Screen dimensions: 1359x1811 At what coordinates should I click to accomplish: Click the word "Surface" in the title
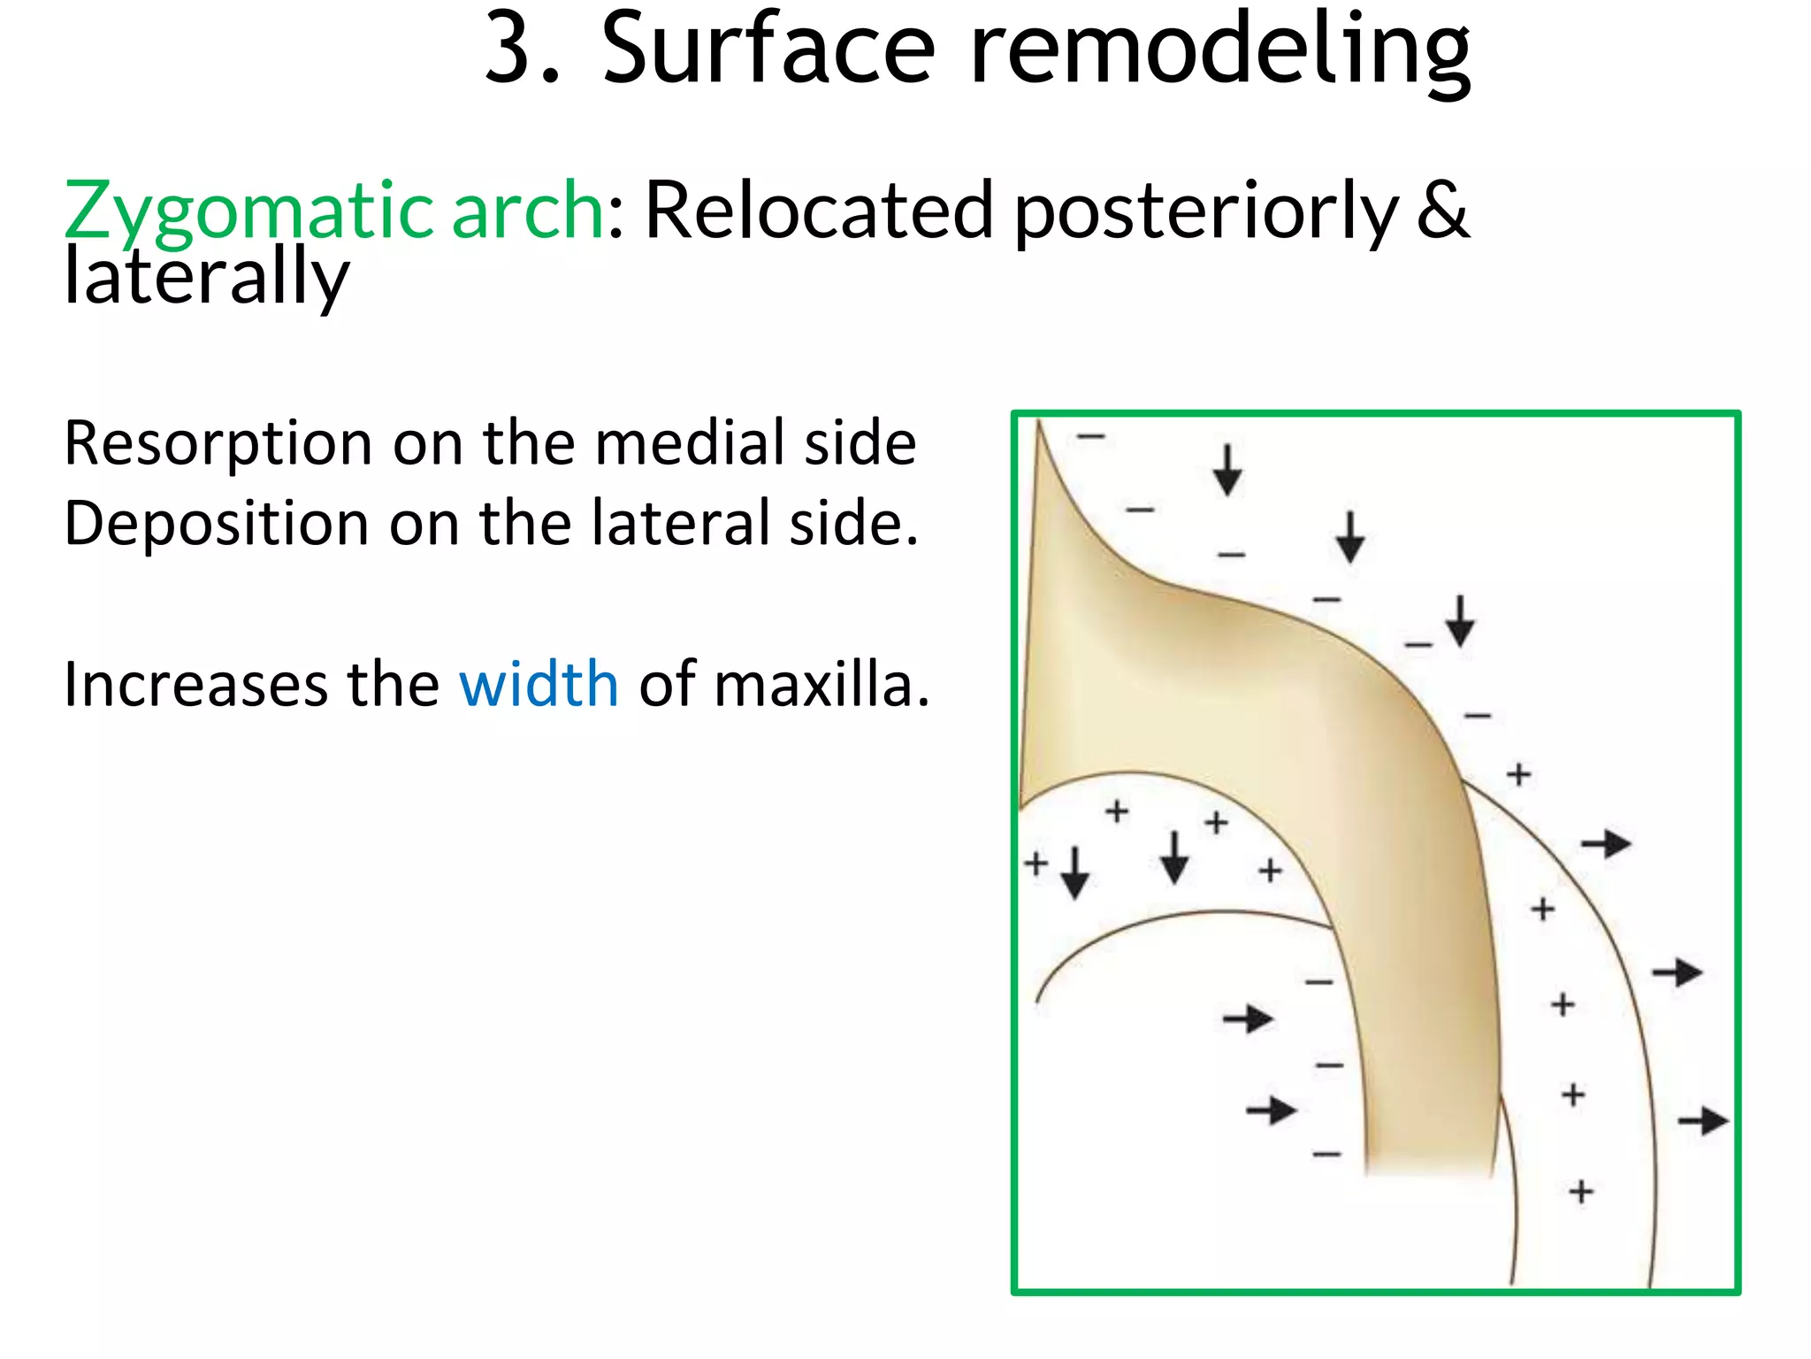(x=768, y=51)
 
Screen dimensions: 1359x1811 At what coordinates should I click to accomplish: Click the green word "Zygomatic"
(x=248, y=212)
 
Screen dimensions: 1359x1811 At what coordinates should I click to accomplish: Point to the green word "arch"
(x=527, y=212)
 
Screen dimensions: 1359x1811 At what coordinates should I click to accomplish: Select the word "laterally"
(x=207, y=278)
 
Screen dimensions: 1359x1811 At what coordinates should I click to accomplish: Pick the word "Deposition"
(x=217, y=524)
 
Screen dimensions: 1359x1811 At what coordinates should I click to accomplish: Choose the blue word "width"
(x=539, y=685)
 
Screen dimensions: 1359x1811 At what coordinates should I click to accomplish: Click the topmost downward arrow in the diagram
(x=1226, y=470)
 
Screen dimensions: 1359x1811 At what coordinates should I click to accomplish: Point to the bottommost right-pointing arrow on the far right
(x=1703, y=1121)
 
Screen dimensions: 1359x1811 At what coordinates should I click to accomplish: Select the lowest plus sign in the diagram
(x=1581, y=1192)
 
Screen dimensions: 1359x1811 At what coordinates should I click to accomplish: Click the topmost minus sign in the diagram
(x=1090, y=436)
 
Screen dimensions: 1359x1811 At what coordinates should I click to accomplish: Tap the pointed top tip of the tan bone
(x=1039, y=425)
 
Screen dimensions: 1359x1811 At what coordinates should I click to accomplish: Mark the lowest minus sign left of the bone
(x=1326, y=1154)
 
